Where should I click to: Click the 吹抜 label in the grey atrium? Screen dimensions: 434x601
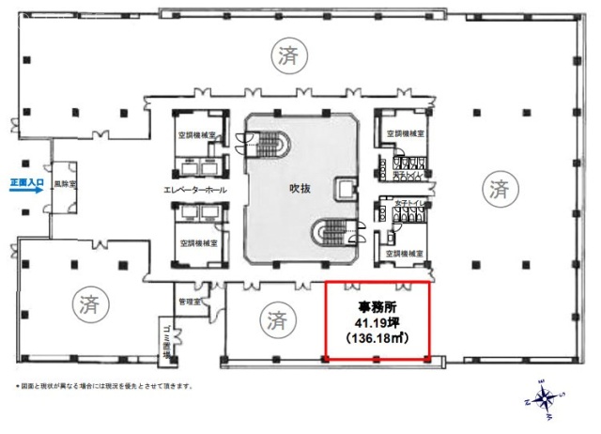300,188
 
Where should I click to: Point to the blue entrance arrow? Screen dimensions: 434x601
25,188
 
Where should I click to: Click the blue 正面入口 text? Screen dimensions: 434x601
25,176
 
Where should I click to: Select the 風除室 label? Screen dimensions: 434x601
65,185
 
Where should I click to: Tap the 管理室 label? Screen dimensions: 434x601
190,302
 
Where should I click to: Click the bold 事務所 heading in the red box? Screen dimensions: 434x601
377,306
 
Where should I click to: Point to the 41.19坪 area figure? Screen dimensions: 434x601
377,321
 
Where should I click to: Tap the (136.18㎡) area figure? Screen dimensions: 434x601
377,336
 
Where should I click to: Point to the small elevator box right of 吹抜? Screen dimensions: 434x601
348,189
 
